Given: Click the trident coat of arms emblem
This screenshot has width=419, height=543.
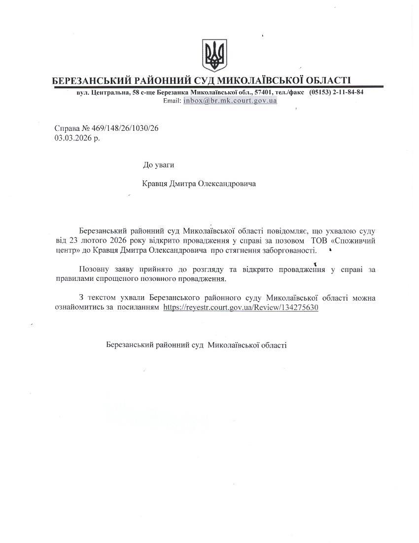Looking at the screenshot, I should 214,55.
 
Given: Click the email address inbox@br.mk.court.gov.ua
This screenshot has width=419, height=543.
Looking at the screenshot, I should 230,100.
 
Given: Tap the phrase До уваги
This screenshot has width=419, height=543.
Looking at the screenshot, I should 158,165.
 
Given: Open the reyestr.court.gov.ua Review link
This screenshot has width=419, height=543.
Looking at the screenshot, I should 241,307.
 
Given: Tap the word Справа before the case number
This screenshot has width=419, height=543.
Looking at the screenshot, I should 66,128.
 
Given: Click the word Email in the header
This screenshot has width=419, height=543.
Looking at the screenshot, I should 172,100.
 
